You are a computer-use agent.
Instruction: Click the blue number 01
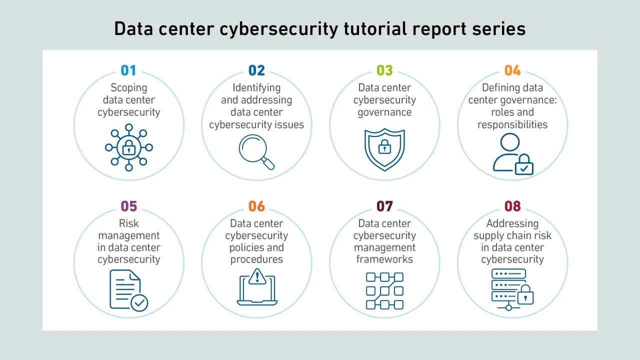(128, 70)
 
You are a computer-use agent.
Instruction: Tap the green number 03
(384, 70)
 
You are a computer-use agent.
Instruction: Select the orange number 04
(512, 70)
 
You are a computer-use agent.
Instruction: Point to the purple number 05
(129, 206)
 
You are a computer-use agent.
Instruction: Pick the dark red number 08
(512, 206)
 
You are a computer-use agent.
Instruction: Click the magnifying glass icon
(256, 152)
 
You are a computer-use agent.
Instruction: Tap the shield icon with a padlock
(384, 149)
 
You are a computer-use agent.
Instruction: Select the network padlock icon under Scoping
(129, 147)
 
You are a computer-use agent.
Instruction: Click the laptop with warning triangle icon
(257, 287)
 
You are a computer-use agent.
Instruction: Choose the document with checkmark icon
(129, 290)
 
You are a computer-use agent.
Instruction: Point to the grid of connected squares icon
(384, 291)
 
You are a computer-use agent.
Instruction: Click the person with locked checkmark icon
(513, 154)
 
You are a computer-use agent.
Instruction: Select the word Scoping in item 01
(129, 88)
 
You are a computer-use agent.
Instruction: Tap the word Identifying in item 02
(256, 88)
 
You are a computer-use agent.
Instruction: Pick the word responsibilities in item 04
(512, 125)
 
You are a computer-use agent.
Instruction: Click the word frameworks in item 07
(384, 259)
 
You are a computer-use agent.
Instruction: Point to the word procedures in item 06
(256, 259)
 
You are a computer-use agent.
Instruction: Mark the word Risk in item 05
(129, 223)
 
